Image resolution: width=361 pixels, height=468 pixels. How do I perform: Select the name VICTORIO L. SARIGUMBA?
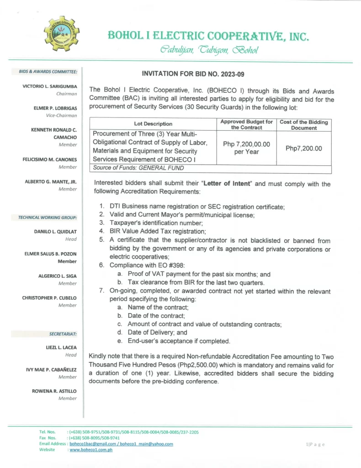(x=50, y=86)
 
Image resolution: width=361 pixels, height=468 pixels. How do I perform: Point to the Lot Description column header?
(x=153, y=124)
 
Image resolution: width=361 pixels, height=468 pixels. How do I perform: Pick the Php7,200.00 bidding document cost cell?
(x=304, y=148)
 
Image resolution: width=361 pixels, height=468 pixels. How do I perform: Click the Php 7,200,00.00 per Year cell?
(x=246, y=148)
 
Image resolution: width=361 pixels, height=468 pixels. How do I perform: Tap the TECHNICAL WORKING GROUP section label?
(x=48, y=218)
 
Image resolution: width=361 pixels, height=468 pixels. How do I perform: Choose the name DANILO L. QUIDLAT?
(x=55, y=232)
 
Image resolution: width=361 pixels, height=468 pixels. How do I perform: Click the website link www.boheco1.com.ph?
(x=91, y=450)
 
